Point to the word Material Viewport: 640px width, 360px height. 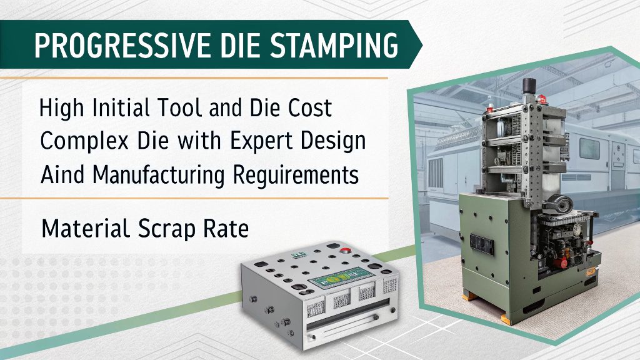(x=81, y=229)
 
